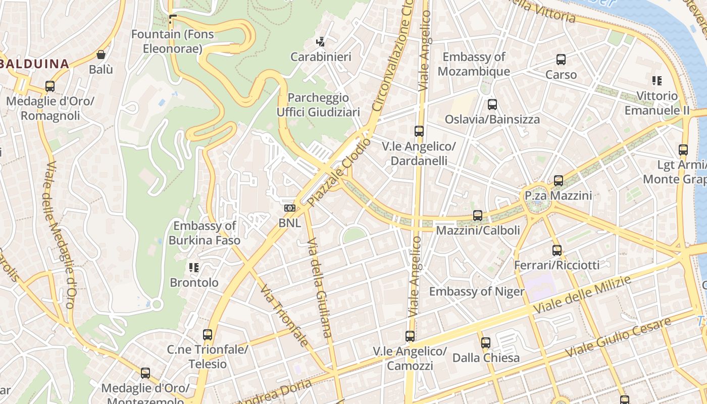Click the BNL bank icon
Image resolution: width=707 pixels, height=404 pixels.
point(289,208)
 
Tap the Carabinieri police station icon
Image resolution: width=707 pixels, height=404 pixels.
point(320,41)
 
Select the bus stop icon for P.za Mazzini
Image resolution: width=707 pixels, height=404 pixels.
point(558,181)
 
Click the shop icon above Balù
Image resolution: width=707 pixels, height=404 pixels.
point(101,55)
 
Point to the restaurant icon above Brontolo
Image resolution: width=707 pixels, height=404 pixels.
point(194,267)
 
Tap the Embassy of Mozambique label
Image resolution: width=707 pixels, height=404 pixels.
point(473,64)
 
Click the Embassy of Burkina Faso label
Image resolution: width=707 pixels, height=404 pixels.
point(204,233)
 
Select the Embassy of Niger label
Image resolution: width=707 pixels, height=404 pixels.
point(476,291)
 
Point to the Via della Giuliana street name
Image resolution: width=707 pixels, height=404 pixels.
point(319,287)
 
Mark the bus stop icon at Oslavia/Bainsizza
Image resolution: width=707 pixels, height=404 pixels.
point(492,105)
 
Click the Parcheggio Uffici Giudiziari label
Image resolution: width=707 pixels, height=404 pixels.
point(318,105)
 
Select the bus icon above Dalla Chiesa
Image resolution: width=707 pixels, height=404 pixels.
point(486,343)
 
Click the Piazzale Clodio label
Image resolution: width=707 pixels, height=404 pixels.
point(339,173)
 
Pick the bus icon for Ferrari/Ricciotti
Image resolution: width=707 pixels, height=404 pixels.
point(557,250)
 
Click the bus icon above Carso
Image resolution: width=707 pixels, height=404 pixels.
point(561,60)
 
